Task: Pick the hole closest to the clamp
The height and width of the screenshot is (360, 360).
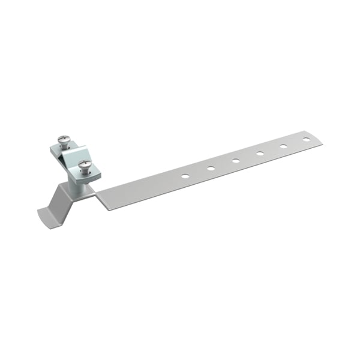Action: tap(185, 176)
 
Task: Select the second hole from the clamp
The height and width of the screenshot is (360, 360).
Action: tap(211, 169)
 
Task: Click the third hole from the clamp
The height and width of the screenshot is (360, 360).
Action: tap(236, 161)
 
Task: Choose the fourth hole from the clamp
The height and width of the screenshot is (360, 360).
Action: tap(260, 154)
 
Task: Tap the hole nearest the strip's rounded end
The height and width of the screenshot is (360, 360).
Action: tap(307, 139)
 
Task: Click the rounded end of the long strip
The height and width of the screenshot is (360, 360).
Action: tap(318, 139)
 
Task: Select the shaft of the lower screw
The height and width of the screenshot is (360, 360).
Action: tap(85, 172)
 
